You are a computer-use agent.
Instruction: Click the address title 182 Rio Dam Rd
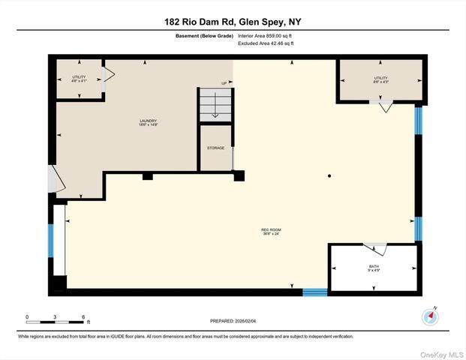click(x=233, y=21)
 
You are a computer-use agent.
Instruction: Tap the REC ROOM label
click(x=270, y=231)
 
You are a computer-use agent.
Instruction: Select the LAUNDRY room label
click(x=147, y=122)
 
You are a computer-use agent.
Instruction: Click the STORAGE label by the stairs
click(x=215, y=148)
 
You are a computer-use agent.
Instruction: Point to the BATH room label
click(x=374, y=267)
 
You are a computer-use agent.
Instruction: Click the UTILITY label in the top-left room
click(x=80, y=78)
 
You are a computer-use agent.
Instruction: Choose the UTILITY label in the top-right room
click(x=380, y=78)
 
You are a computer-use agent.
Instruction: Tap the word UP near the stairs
click(x=224, y=82)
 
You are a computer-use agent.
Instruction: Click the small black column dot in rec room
click(x=329, y=176)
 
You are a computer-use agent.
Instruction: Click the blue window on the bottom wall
click(x=314, y=292)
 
